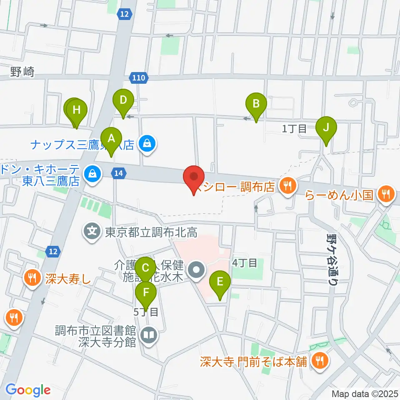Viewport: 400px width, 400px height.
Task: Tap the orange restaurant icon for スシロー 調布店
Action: (x=287, y=184)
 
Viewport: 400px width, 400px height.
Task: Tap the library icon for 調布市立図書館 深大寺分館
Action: (x=148, y=335)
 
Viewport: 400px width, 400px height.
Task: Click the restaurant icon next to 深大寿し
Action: (x=33, y=277)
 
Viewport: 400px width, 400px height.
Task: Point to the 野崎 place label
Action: (x=22, y=72)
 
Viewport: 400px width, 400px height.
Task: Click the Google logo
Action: (x=28, y=390)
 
